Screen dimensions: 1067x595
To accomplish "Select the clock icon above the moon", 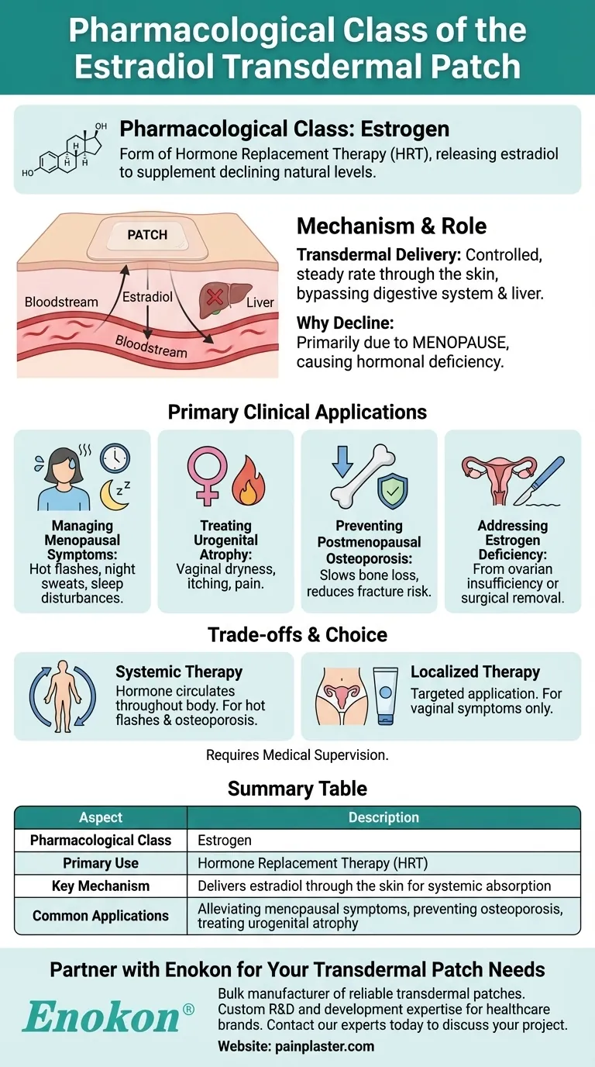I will (115, 459).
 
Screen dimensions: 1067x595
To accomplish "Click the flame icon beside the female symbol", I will (247, 480).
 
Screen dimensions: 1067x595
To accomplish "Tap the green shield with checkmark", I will (391, 490).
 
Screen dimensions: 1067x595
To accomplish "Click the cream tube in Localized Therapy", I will (384, 696).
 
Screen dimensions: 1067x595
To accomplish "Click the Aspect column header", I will (101, 817).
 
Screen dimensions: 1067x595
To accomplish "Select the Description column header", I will (383, 817).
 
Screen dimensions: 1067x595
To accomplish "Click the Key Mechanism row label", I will (101, 886).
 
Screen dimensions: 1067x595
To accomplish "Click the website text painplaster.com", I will (296, 1046).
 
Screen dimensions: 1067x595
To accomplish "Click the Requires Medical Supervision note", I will (297, 754).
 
